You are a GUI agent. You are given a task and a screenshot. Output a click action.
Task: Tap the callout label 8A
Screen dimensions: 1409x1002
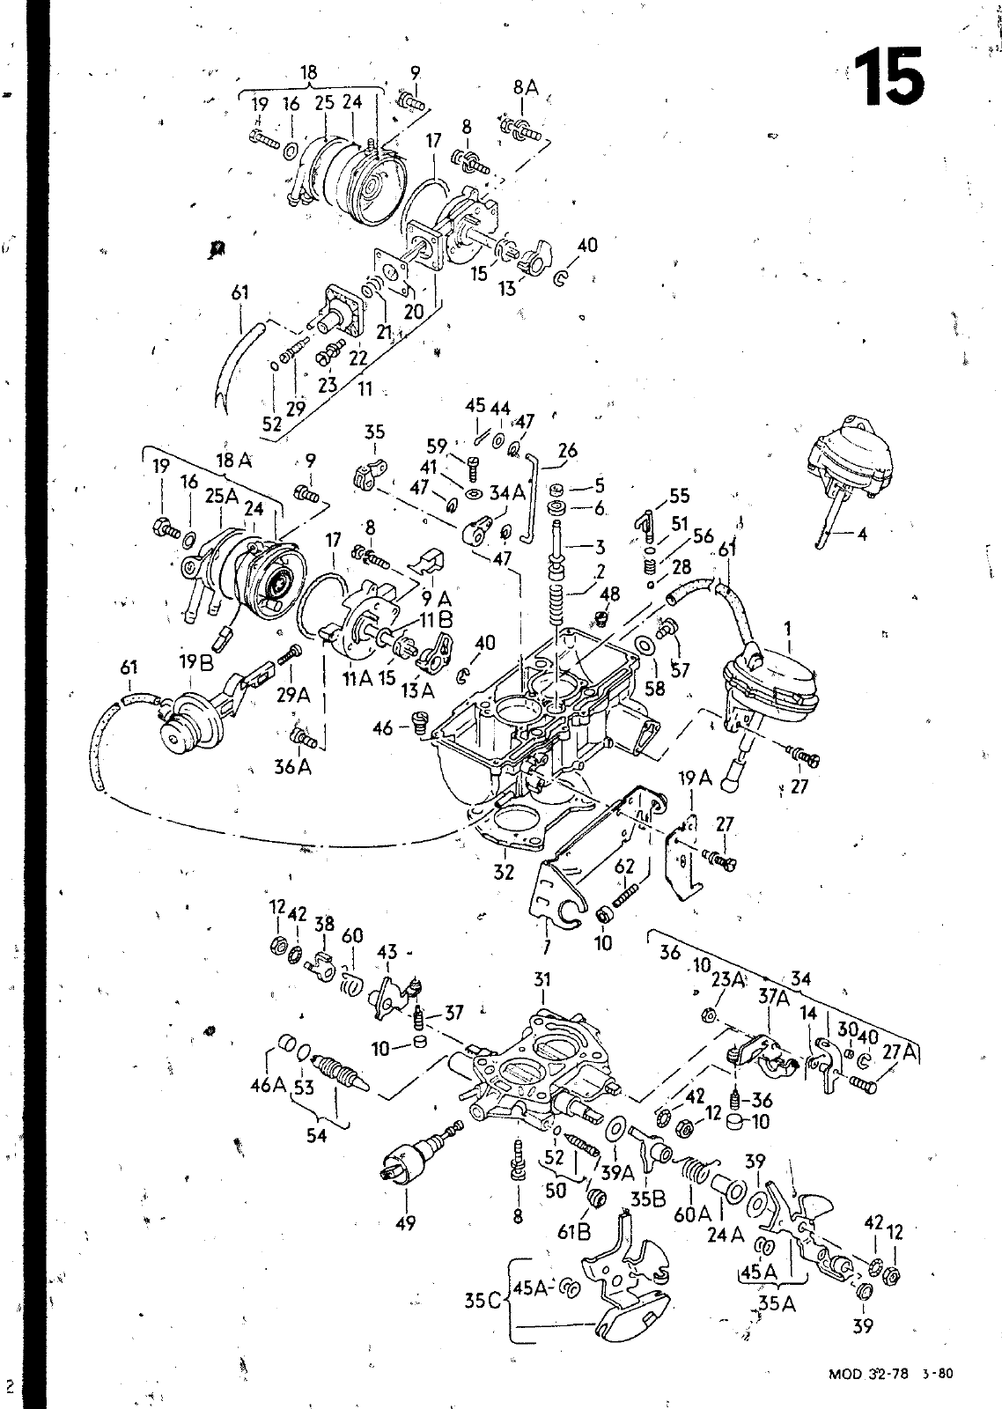[525, 87]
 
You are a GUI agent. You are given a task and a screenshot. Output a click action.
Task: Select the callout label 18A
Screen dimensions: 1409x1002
[234, 460]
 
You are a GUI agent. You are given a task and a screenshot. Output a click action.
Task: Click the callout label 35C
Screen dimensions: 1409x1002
[483, 1300]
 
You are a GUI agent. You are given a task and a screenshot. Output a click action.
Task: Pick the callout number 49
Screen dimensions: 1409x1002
[405, 1222]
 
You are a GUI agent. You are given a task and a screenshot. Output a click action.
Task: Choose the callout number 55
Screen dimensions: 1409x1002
[679, 497]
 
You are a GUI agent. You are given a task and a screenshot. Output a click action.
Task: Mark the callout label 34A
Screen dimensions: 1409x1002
[507, 493]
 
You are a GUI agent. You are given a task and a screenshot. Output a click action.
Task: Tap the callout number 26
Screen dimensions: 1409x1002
[568, 451]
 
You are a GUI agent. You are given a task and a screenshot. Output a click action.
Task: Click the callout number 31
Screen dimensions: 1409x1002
[542, 979]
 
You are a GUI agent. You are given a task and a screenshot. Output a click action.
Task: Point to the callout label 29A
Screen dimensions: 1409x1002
[293, 695]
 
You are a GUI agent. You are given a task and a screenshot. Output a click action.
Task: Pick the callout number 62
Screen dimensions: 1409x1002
[625, 867]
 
